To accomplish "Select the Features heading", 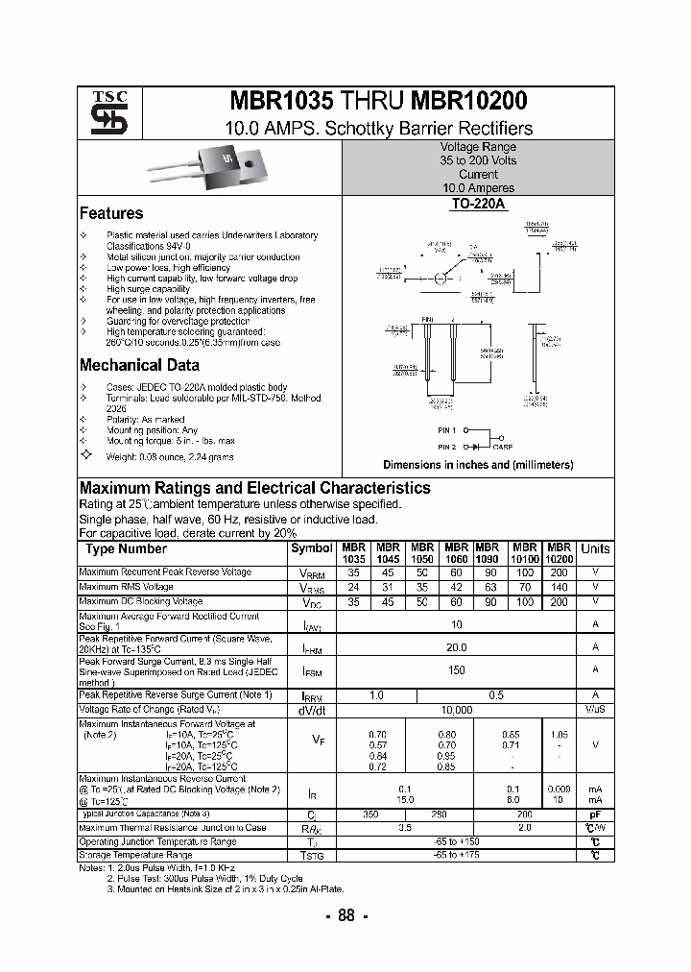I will [111, 213].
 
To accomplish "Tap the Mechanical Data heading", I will [139, 365].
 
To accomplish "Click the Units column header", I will [595, 548].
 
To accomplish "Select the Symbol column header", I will [311, 548].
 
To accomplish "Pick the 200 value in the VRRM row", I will [559, 572].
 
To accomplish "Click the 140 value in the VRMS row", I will [559, 587].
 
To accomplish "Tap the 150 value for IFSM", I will [457, 670].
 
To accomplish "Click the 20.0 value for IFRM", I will [457, 647].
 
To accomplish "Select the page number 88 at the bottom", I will [345, 915].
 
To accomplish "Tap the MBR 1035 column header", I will [354, 552].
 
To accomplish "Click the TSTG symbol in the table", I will [312, 855].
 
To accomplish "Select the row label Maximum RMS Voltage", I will [126, 587].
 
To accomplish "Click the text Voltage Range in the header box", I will [478, 147].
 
